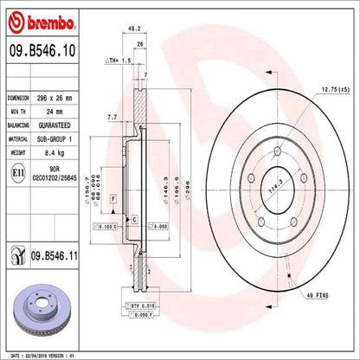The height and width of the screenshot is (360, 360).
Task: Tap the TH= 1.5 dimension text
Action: (x=118, y=61)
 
